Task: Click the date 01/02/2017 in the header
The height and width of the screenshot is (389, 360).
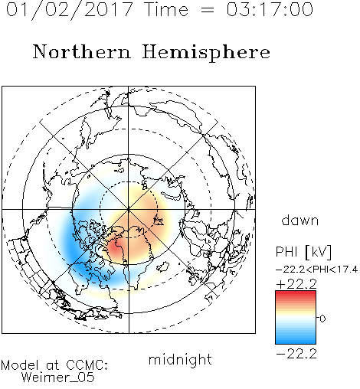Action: [69, 10]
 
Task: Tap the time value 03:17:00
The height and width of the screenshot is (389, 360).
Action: [270, 9]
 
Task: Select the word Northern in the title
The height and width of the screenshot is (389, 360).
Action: [82, 51]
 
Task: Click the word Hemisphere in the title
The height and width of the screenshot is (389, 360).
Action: [206, 52]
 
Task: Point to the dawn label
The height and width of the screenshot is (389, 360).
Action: [300, 220]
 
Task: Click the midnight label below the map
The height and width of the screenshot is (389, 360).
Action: [180, 359]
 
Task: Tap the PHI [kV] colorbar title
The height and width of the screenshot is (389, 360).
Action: [304, 252]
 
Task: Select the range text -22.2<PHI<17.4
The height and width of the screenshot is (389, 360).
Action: [317, 270]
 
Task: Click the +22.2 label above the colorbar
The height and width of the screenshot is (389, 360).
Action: [296, 284]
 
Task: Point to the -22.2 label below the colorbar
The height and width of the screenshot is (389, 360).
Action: [296, 354]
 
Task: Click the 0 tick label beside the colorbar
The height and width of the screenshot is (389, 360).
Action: [322, 319]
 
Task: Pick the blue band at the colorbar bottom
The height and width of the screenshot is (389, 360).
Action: [296, 341]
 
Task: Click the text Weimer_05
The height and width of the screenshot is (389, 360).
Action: [58, 378]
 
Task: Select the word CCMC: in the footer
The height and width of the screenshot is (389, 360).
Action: [87, 365]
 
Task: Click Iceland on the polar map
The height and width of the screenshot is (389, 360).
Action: [162, 266]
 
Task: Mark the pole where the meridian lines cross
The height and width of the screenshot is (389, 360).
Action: [129, 210]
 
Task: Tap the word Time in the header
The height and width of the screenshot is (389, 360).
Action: [166, 10]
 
